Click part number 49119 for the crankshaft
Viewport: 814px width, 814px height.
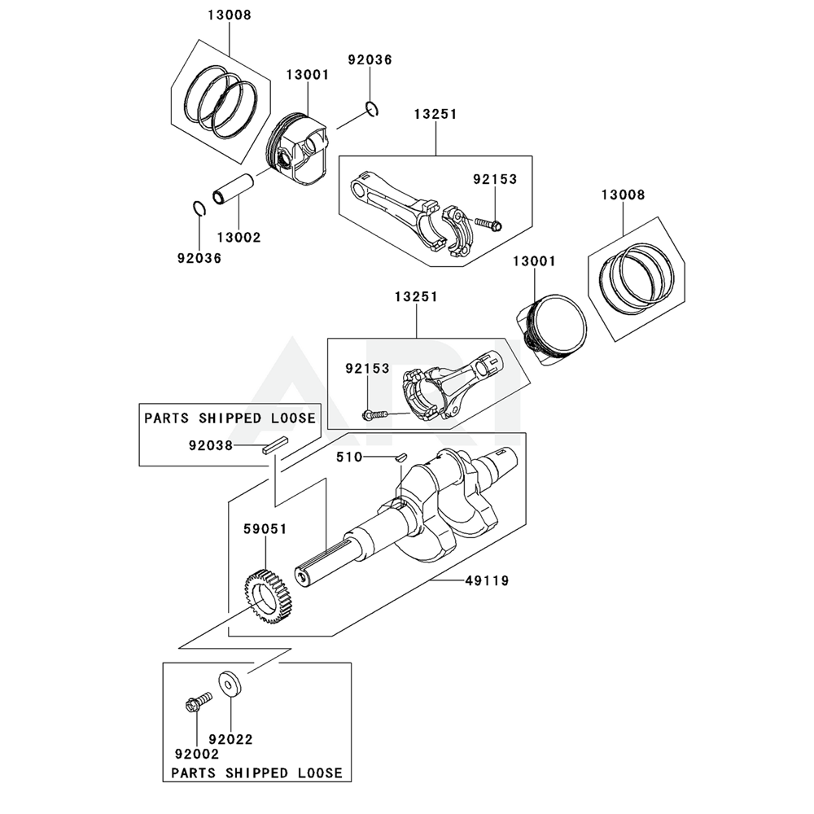pos(487,581)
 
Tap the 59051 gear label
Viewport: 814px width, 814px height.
pos(265,529)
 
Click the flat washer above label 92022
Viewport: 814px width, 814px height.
pos(229,681)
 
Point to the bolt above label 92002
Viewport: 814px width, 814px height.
pos(198,701)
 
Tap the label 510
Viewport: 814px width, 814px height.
pos(349,457)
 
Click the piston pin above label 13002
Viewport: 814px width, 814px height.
pos(234,190)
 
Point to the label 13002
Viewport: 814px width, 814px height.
pos(239,237)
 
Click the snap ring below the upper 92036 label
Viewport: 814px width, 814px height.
pos(372,109)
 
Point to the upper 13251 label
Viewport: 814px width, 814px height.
pos(435,114)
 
